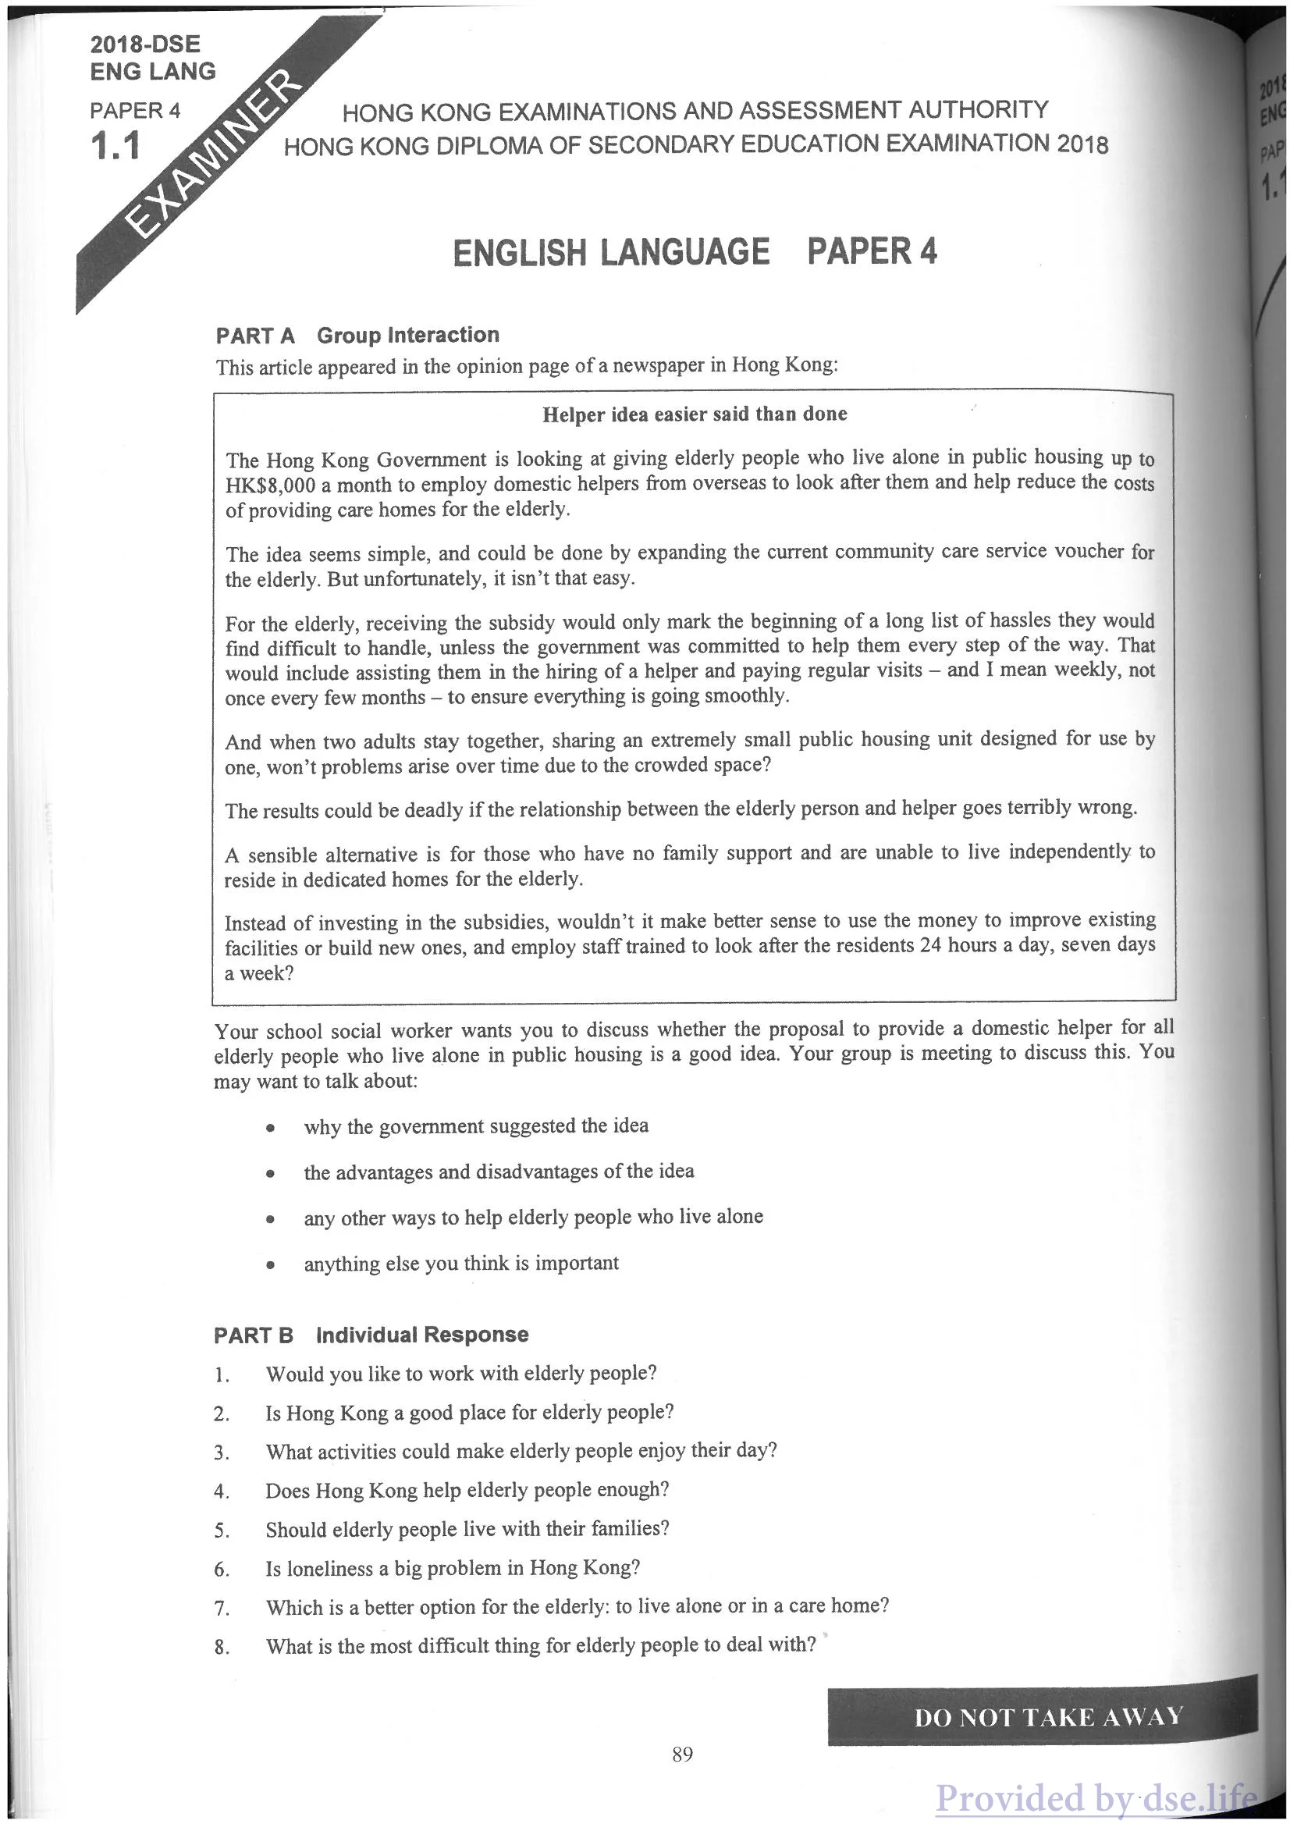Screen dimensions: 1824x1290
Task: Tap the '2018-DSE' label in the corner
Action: click(144, 44)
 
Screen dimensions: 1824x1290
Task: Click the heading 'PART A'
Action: click(255, 336)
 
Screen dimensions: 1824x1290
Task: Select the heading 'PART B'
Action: click(254, 1335)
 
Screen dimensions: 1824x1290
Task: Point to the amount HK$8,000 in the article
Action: click(270, 486)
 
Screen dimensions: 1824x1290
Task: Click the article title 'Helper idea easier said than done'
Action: click(695, 414)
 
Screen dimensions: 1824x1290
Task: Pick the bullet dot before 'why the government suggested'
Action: click(271, 1128)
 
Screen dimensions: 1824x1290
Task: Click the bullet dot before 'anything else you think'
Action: click(271, 1265)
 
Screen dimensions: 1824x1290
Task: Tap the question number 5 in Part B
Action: click(222, 1531)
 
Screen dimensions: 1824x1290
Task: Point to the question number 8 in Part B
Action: click(222, 1648)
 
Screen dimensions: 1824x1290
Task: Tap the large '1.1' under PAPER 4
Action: click(116, 147)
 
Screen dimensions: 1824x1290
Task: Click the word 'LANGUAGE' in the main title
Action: click(684, 253)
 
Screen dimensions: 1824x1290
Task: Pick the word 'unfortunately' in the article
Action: click(418, 578)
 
